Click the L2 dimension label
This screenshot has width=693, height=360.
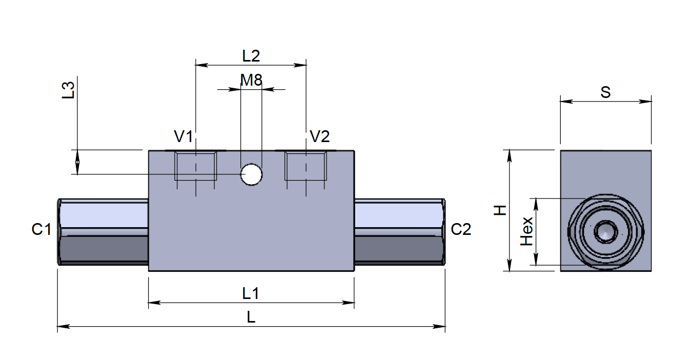pyautogui.click(x=251, y=55)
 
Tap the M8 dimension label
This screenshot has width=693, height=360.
pyautogui.click(x=251, y=80)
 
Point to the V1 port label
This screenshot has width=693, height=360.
pyautogui.click(x=184, y=137)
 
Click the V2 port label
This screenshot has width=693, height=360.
pyautogui.click(x=320, y=137)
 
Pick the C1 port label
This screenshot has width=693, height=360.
pyautogui.click(x=42, y=229)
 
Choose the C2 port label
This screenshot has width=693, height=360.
pyautogui.click(x=461, y=229)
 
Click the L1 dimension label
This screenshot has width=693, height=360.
pyautogui.click(x=251, y=293)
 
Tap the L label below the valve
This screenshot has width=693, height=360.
pyautogui.click(x=251, y=317)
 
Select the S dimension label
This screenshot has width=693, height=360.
pyautogui.click(x=605, y=92)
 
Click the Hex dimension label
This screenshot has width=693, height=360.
pyautogui.click(x=527, y=231)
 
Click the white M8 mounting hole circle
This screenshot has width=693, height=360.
pyautogui.click(x=251, y=174)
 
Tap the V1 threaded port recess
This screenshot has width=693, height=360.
pyautogui.click(x=195, y=166)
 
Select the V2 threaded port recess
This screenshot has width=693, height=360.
pyautogui.click(x=306, y=166)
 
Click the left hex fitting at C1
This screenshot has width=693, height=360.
pyautogui.click(x=103, y=232)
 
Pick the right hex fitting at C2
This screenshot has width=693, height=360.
pyautogui.click(x=400, y=232)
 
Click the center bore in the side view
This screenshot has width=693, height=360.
pyautogui.click(x=605, y=232)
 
